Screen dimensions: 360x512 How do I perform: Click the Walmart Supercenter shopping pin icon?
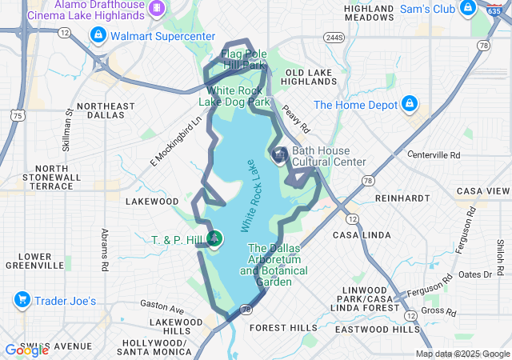tap(97, 35)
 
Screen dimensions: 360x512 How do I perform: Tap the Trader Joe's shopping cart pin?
tap(22, 301)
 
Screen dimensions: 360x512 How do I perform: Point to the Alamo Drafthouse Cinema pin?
tap(158, 6)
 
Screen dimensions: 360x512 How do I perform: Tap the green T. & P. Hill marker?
tap(214, 238)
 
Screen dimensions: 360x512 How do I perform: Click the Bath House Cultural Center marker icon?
tap(280, 156)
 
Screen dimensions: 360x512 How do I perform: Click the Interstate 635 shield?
tap(494, 7)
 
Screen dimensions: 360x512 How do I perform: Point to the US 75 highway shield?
tap(17, 116)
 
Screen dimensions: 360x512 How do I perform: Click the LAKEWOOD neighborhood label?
tap(152, 202)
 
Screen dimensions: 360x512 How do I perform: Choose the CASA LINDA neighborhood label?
tap(362, 235)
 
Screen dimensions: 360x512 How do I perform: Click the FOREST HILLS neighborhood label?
tap(283, 328)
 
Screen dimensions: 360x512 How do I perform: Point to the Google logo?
tap(26, 350)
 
